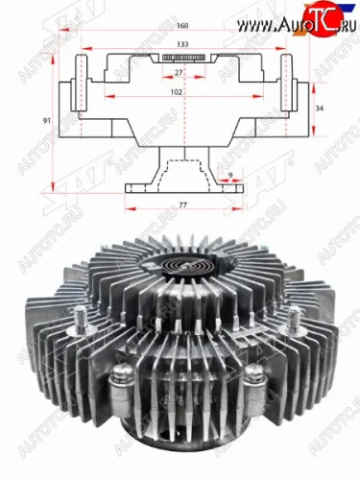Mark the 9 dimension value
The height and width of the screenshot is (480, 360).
click(230, 174)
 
